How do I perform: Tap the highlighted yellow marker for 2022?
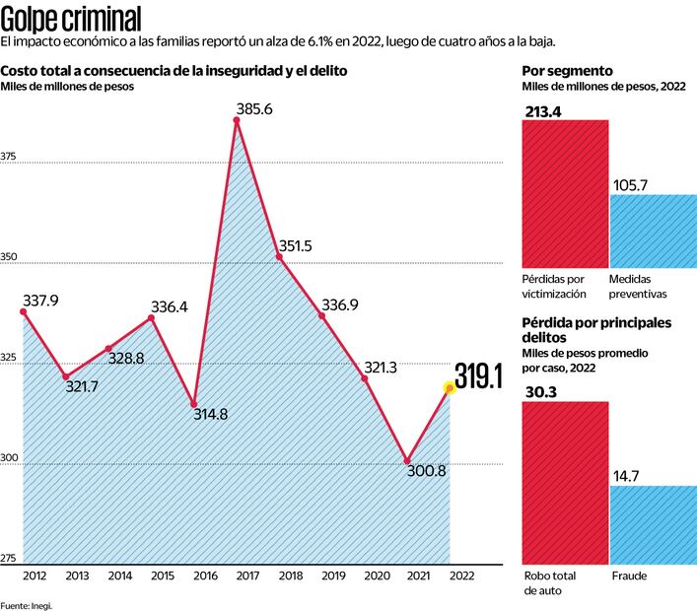pos(450,388)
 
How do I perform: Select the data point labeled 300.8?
pos(407,461)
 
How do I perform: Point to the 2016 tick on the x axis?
pos(205,575)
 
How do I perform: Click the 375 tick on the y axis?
pos(9,157)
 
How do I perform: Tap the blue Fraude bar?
pos(653,522)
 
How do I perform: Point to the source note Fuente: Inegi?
pos(26,604)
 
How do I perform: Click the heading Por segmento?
pos(567,71)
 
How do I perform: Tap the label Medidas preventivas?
pos(639,286)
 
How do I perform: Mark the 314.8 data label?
pos(208,414)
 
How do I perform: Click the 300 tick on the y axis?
pos(9,458)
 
